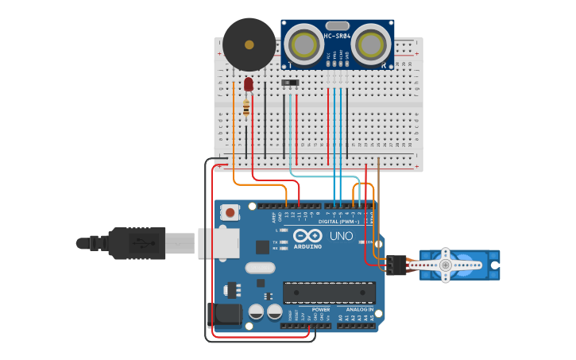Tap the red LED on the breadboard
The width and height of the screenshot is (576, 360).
tap(249, 83)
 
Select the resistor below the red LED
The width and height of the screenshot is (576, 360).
tap(246, 107)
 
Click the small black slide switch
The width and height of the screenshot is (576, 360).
tap(290, 82)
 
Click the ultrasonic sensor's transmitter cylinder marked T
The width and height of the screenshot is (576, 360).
tap(302, 45)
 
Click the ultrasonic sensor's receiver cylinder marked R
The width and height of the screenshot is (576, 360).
tap(371, 45)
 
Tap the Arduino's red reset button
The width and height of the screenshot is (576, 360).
tap(230, 212)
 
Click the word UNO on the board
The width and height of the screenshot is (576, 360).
tap(341, 236)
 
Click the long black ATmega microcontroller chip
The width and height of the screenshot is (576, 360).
tap(329, 292)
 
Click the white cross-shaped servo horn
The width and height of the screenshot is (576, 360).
tap(446, 265)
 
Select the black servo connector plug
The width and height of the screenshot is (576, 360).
tap(392, 265)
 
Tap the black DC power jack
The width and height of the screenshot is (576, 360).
tap(224, 315)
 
